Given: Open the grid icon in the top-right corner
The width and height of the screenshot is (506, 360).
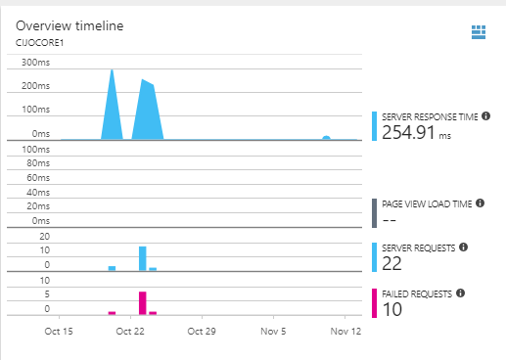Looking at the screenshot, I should [x=479, y=32].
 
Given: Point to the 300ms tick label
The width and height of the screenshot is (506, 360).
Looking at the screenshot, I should [x=35, y=63].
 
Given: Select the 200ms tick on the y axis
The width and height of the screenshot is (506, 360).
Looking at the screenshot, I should [x=35, y=86].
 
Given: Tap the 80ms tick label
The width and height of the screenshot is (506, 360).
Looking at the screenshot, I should [x=37, y=164].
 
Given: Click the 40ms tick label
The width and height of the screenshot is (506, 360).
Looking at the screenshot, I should [x=37, y=193].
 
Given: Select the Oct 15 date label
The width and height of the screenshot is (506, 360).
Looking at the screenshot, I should [x=60, y=332].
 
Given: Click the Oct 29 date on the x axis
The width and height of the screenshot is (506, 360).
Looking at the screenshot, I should [x=202, y=332].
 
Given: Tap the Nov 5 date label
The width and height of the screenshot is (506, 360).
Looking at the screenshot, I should [x=273, y=332].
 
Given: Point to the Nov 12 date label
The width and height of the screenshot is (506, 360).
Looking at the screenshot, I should [x=345, y=332].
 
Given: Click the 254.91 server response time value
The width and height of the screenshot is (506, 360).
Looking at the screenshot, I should [x=408, y=133].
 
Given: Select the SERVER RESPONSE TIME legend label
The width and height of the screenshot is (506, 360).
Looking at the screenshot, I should [x=430, y=116].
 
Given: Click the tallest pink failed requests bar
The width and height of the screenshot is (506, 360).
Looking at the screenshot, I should [x=143, y=302].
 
